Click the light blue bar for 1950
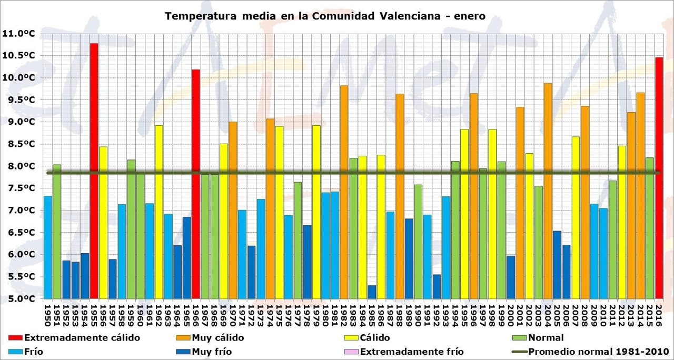48,247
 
